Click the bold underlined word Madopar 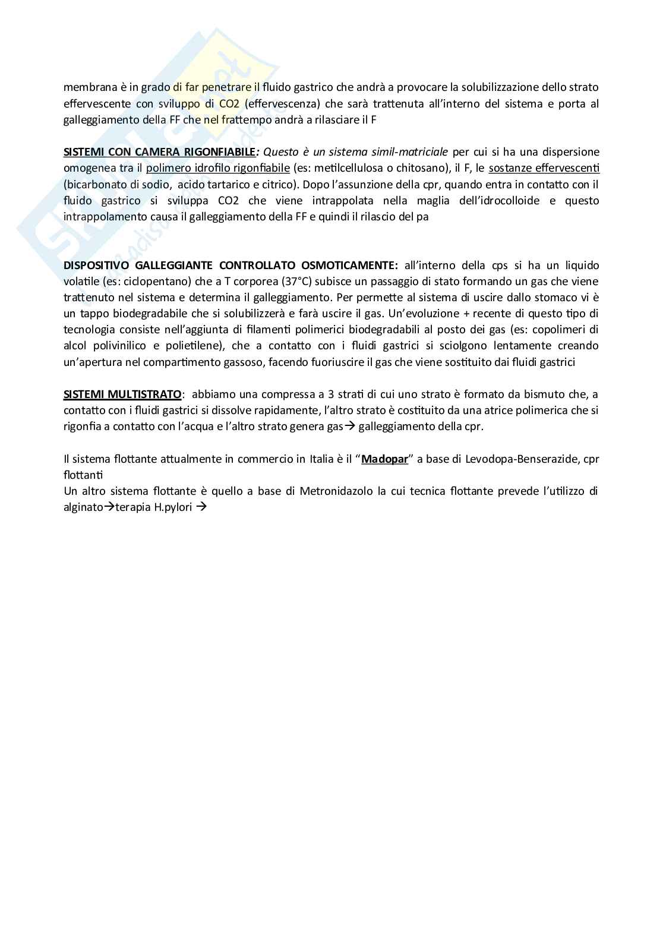coord(385,459)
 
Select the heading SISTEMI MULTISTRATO coord(122,394)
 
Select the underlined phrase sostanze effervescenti coord(544,168)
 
